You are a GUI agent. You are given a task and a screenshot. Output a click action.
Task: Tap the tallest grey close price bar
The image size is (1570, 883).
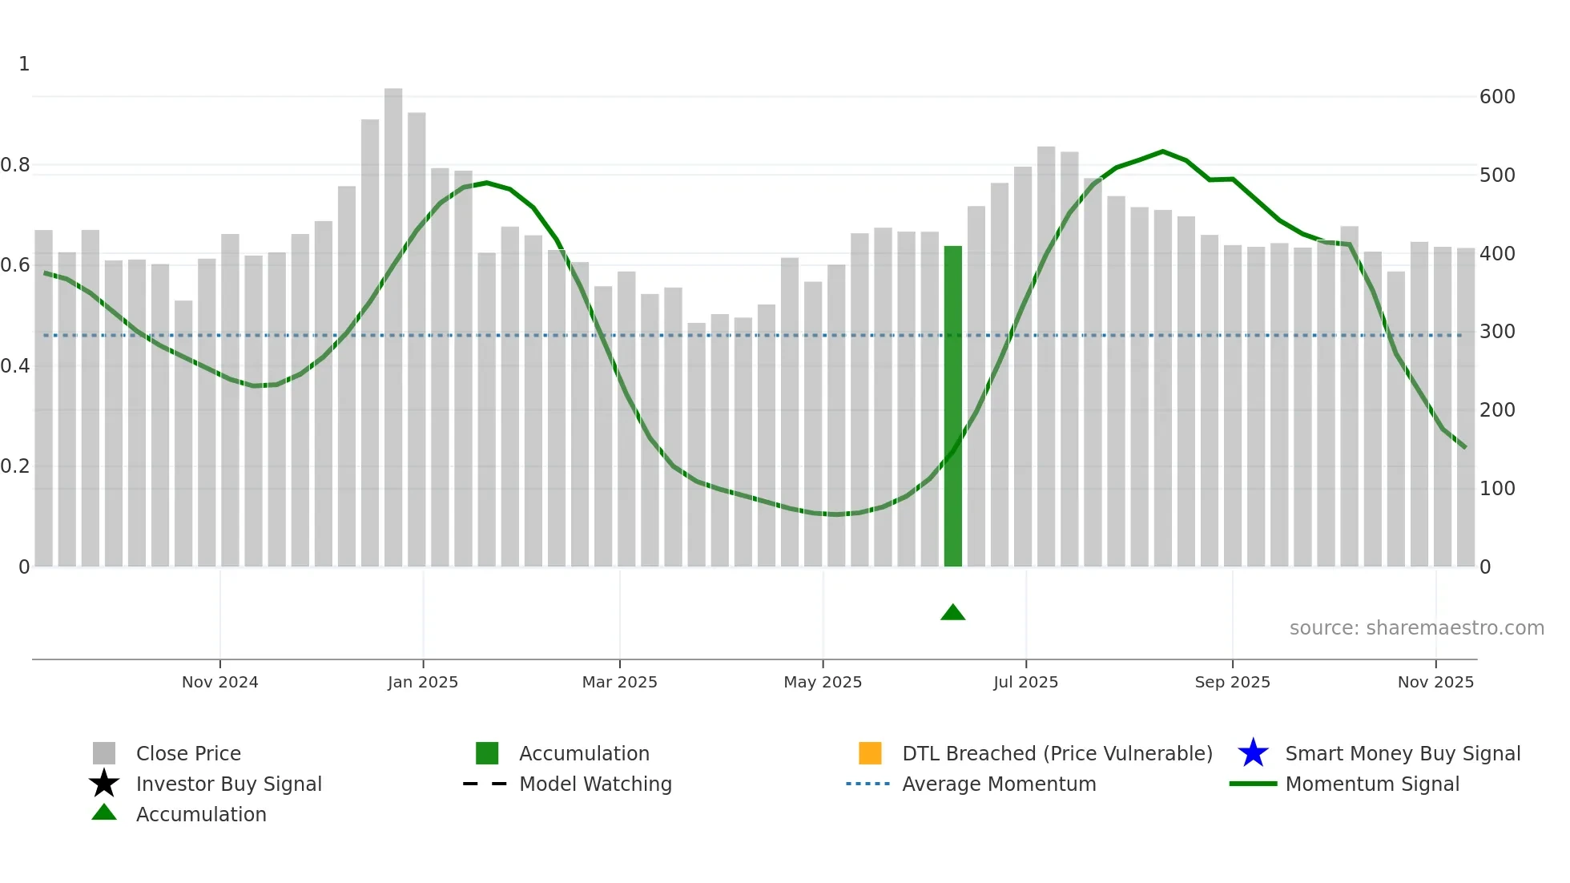393,329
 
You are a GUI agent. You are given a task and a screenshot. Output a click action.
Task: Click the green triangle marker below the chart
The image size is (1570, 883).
952,613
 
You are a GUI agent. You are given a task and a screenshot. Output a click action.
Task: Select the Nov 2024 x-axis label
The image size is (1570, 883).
220,682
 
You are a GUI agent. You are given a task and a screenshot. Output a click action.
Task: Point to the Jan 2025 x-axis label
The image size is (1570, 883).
423,682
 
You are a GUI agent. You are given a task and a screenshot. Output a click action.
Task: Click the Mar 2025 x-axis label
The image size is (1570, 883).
619,682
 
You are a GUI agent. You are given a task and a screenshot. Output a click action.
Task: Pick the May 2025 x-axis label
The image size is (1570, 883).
823,682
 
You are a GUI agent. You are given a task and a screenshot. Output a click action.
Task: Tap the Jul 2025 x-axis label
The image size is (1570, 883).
1025,682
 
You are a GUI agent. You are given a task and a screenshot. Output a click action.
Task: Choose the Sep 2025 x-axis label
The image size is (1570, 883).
1232,682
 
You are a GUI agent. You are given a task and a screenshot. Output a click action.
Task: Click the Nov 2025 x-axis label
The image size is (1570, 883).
1435,682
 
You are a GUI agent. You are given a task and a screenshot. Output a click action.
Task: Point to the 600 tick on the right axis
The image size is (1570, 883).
1497,97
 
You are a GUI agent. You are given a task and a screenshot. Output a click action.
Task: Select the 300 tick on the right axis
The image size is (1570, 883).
1497,332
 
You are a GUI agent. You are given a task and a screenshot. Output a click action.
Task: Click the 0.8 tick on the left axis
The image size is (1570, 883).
15,165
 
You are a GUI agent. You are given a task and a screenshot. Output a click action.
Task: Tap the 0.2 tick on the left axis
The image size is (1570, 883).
15,466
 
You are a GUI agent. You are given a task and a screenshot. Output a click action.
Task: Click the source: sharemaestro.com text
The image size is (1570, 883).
1416,628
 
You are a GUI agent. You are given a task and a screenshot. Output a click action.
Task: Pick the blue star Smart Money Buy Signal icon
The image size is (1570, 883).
1253,753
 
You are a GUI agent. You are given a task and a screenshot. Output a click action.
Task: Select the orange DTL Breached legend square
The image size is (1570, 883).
870,753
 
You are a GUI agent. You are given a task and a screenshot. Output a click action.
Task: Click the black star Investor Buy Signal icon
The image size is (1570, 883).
104,784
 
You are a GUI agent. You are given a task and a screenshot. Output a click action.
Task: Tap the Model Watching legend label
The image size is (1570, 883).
595,784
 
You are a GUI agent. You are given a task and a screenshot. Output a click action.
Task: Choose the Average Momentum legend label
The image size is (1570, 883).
999,784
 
